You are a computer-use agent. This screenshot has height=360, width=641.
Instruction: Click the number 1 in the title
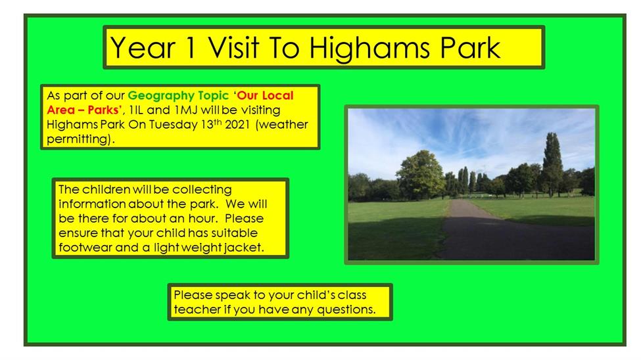click(x=190, y=48)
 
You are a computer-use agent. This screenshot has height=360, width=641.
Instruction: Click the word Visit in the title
click(x=233, y=47)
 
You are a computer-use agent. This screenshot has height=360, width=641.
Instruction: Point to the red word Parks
click(x=105, y=110)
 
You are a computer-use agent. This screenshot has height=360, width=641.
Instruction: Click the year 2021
click(x=237, y=125)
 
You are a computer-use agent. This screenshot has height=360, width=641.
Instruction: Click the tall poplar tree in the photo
click(x=552, y=164)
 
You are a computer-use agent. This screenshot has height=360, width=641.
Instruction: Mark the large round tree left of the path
click(x=420, y=175)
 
